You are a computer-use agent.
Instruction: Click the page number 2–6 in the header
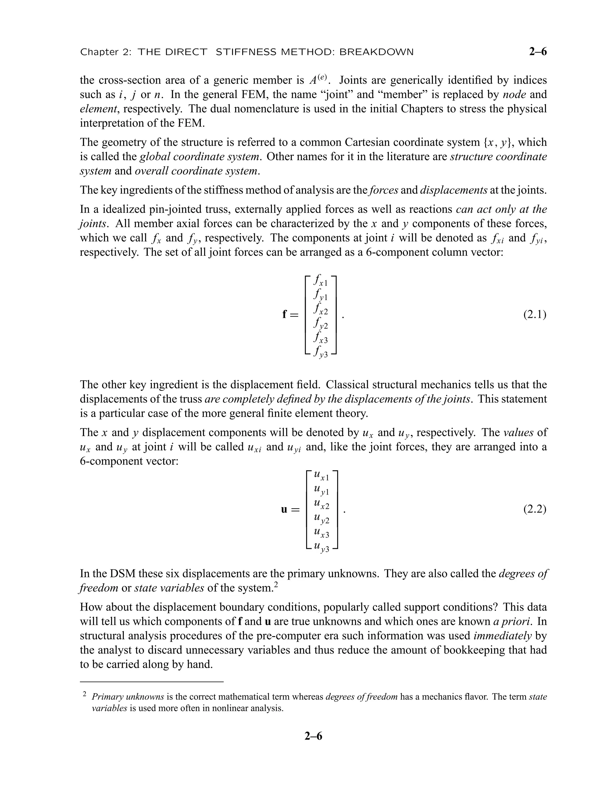(538, 52)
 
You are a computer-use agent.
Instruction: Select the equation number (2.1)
(534, 314)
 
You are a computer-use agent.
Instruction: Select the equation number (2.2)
(534, 509)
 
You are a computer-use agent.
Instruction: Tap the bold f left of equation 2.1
(285, 314)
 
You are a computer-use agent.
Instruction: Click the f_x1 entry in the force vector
(321, 280)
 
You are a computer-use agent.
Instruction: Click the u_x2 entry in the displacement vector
(321, 504)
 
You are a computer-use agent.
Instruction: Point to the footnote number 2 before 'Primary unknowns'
(84, 694)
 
